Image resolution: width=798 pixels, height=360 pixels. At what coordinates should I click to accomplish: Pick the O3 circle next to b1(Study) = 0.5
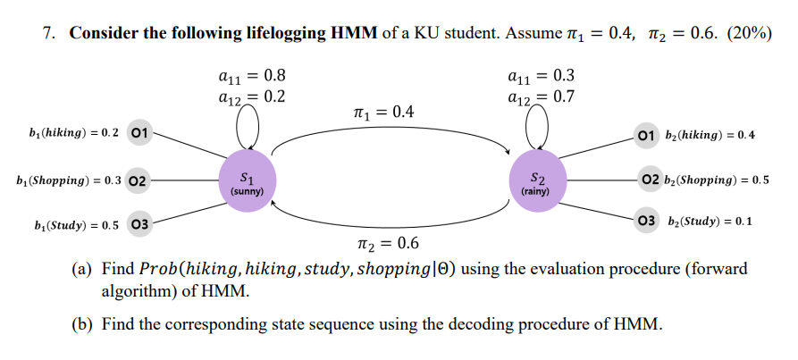point(139,223)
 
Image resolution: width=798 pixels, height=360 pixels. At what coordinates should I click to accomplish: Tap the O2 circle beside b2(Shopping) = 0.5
point(650,179)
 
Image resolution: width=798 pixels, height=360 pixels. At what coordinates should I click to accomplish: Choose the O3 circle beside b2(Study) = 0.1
point(644,221)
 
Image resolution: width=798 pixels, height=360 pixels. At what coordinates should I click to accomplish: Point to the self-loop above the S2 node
point(537,125)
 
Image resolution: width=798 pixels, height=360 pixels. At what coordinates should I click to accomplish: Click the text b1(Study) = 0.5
point(67,224)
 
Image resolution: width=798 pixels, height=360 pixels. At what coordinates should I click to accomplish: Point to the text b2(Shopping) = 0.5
point(717,180)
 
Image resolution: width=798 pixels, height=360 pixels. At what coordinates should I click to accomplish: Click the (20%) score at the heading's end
point(750,33)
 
